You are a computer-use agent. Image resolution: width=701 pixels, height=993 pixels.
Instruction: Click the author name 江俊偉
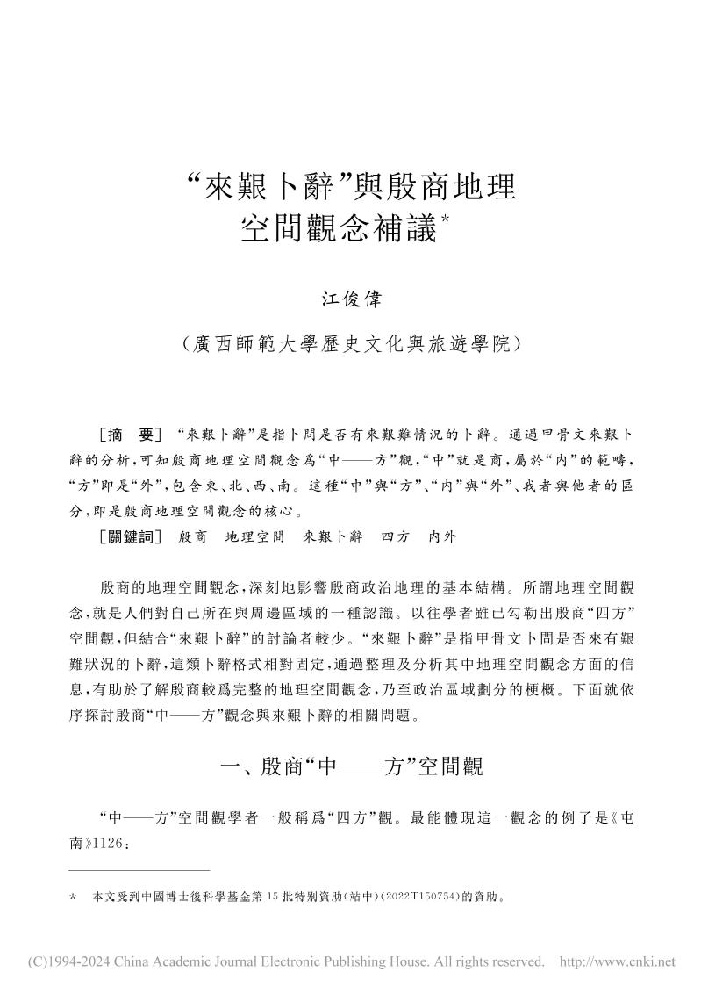pos(350,299)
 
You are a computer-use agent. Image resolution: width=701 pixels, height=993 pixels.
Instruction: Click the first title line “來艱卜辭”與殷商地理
pos(350,186)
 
